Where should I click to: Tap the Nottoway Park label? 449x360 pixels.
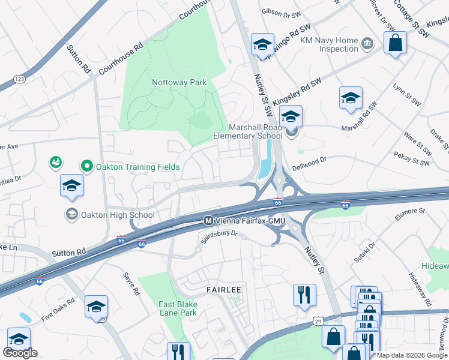click(x=179, y=82)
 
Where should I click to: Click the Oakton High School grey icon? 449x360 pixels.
click(x=71, y=214)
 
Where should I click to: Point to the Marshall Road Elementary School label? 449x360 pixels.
click(x=248, y=131)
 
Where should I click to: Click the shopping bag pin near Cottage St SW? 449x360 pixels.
click(x=395, y=43)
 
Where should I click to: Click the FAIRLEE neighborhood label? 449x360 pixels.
click(x=223, y=290)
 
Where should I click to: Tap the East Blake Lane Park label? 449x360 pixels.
click(x=178, y=308)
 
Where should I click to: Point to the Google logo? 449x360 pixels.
click(x=20, y=353)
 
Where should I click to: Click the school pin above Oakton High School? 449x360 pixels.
click(x=71, y=185)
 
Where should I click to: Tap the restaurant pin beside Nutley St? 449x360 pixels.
click(x=304, y=295)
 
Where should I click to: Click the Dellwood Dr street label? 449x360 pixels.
click(x=309, y=160)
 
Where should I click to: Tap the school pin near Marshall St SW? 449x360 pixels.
click(x=351, y=98)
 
